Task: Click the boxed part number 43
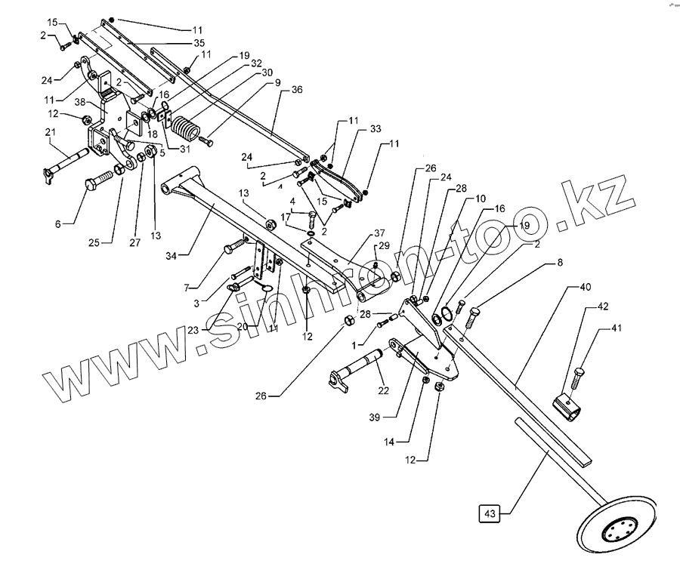[x=490, y=514]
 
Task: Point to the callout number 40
[x=586, y=288]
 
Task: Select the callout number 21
[x=51, y=134]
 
